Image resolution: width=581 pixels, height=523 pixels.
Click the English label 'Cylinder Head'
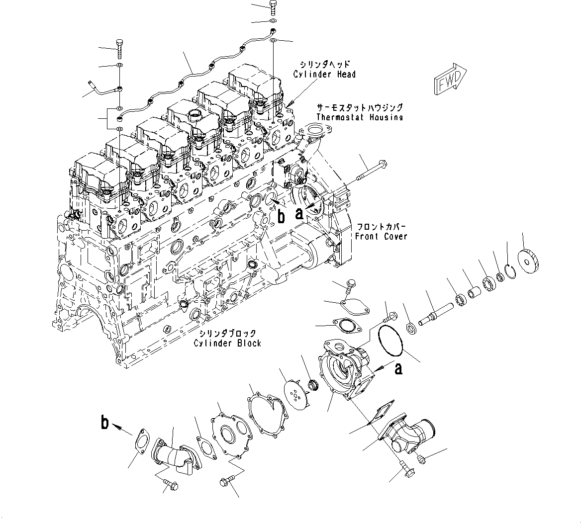[324, 74]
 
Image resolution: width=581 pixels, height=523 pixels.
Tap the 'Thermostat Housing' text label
[360, 117]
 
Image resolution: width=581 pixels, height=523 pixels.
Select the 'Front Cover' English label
[381, 237]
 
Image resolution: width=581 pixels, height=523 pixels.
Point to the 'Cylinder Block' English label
[228, 343]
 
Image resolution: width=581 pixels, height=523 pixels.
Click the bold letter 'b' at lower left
[105, 423]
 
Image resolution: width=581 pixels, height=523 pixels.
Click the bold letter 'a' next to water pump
[398, 368]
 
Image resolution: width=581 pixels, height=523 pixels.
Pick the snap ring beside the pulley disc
[509, 271]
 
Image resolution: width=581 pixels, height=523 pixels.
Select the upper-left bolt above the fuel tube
[120, 48]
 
